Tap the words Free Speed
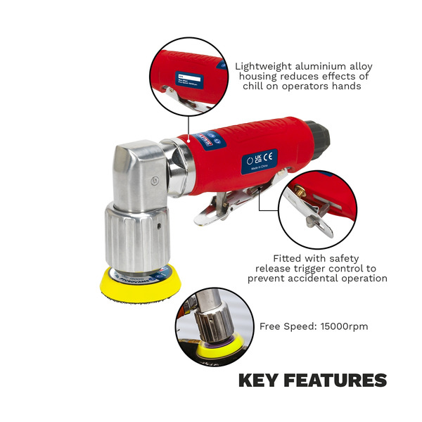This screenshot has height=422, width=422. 283,326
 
